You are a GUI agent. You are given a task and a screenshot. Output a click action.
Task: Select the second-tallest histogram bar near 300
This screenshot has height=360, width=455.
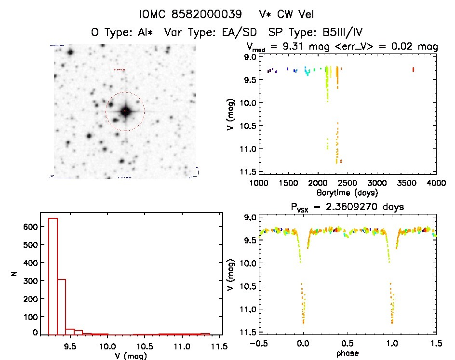point(62,307)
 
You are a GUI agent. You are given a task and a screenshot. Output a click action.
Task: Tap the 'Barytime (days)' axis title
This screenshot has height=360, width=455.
point(347,193)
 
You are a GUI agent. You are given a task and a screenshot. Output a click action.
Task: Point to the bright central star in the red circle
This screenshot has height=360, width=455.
point(125,111)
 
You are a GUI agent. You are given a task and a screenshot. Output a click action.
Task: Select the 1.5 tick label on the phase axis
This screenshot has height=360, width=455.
point(436,344)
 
